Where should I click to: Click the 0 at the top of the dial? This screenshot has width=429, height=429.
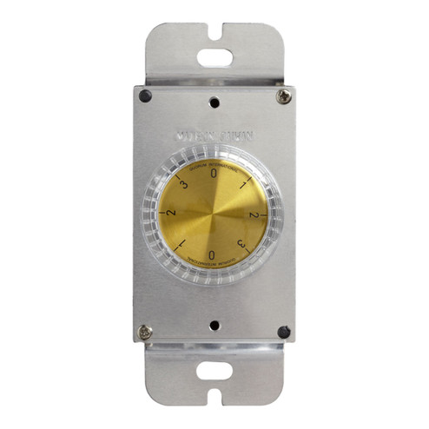pos(214,173)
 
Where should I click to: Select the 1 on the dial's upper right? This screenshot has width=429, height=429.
pos(245,184)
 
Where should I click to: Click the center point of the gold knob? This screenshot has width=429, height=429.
pos(214,214)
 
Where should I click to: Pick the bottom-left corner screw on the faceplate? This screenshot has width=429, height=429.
pos(145,332)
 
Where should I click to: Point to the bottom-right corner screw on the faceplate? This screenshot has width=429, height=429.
pos(283,332)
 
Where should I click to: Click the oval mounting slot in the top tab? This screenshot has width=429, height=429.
pos(214,58)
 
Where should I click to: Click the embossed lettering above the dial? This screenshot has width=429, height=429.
pos(214,135)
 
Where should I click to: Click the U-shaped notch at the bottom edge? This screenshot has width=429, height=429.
pos(214,399)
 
